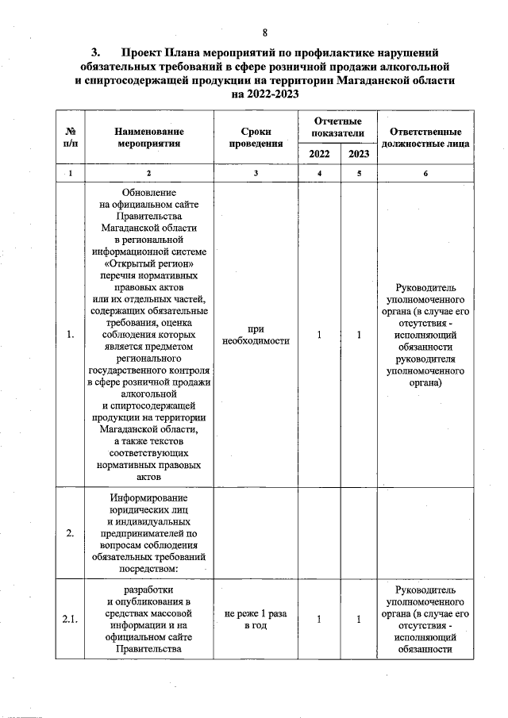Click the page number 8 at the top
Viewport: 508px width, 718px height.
pos(266,32)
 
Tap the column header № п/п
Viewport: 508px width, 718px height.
pos(71,137)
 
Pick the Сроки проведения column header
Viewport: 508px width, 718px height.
pos(256,137)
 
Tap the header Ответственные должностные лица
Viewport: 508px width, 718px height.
pos(425,137)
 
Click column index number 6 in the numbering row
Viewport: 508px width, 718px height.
pos(425,173)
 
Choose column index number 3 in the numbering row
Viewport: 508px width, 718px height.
pos(256,173)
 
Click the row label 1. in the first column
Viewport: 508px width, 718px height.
pos(71,335)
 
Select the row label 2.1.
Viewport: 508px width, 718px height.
pos(71,620)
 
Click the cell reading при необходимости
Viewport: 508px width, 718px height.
pos(256,335)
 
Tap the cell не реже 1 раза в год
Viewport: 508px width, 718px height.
pos(256,620)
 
